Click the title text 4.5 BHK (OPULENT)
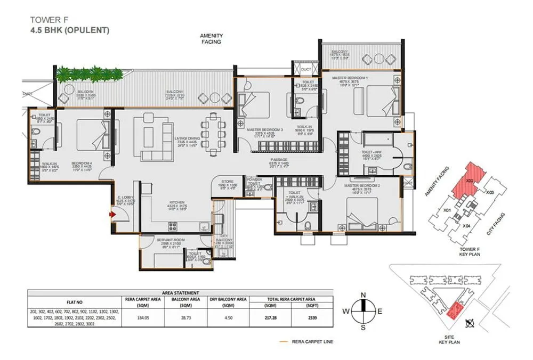click(x=70, y=30)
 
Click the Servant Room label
click(x=171, y=241)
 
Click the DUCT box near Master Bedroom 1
click(x=306, y=69)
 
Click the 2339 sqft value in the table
click(x=312, y=317)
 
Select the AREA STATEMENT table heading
click(x=180, y=292)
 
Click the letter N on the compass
click(x=362, y=294)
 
